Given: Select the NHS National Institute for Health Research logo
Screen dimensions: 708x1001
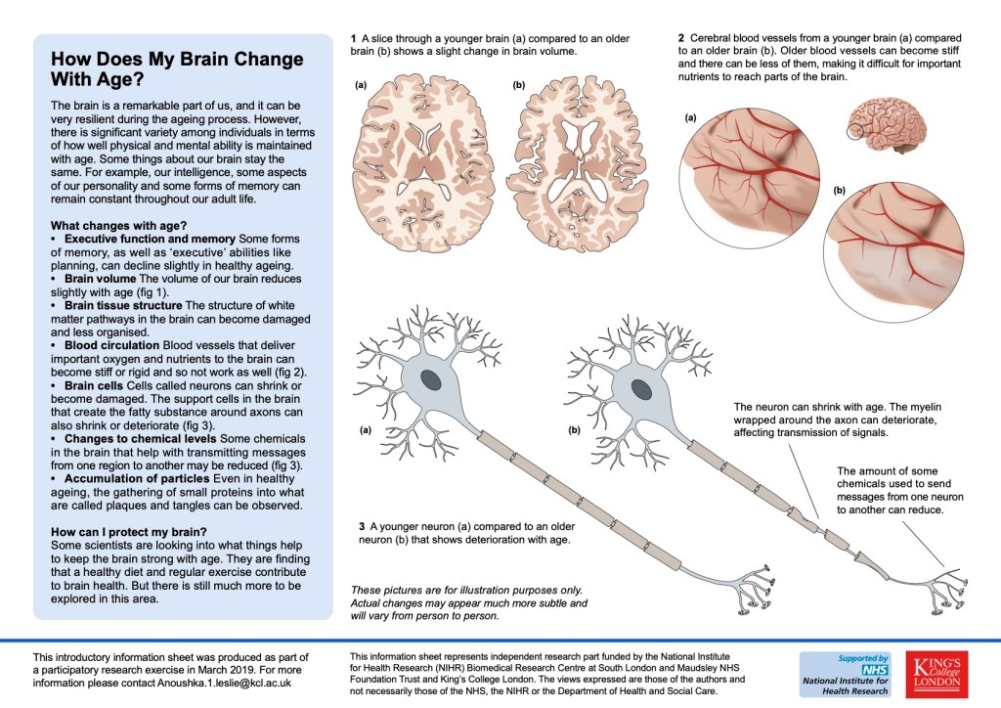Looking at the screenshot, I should coord(845,675).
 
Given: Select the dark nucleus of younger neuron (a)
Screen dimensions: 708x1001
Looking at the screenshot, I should coord(431,378).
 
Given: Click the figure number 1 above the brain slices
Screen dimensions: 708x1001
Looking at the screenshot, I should coord(353,37).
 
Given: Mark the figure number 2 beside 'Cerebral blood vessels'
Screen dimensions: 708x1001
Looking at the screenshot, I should coord(679,37).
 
